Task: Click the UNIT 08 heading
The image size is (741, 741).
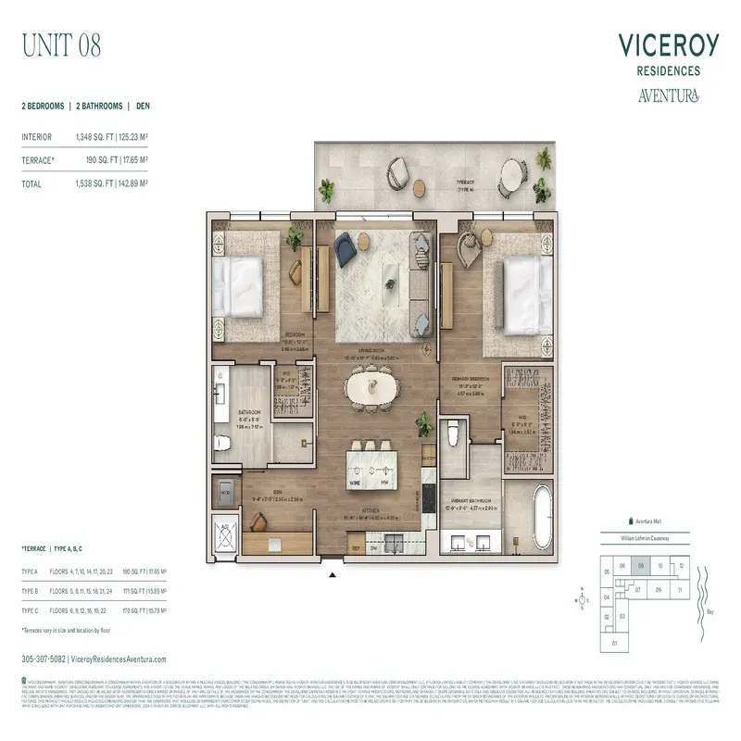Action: (x=61, y=44)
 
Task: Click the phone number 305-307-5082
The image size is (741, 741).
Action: (x=43, y=659)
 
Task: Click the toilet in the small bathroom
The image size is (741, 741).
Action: (x=222, y=443)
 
